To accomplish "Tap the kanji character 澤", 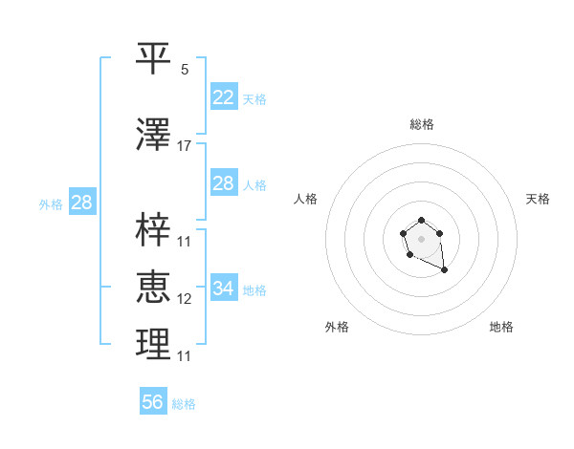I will [x=153, y=136].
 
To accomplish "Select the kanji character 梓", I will [x=153, y=230].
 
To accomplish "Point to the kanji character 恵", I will [x=153, y=288].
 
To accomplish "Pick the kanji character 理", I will [x=153, y=345].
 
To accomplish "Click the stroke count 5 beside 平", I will [x=185, y=70].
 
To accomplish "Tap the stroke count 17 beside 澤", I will [x=185, y=146].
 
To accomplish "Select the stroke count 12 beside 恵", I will [x=185, y=299].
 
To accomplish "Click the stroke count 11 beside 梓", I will [x=185, y=241].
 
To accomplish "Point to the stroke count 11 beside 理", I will [x=185, y=356].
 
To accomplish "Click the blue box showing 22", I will [x=223, y=97].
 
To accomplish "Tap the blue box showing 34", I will [x=223, y=289].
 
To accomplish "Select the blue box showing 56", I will [x=152, y=402].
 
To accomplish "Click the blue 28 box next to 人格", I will [x=223, y=183].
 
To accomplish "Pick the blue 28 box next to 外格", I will [x=81, y=203].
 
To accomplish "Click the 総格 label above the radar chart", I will [x=422, y=124].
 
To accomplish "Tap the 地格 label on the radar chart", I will [x=501, y=327].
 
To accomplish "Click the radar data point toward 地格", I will [x=445, y=271].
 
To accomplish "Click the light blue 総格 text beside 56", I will [x=184, y=404].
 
